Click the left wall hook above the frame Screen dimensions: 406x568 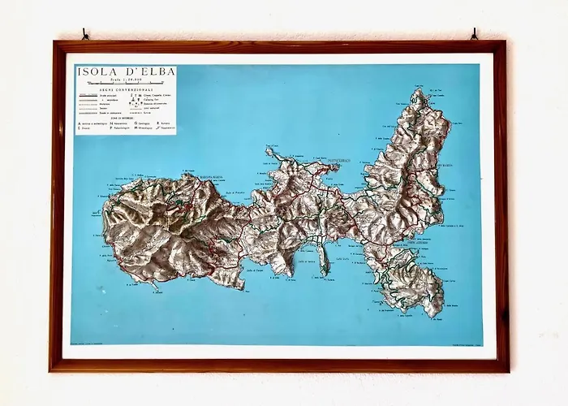point(84,35)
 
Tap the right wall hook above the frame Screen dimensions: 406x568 point(474,34)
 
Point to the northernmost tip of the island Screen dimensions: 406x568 point(420,92)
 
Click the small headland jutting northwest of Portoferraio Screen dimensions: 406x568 point(269,152)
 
